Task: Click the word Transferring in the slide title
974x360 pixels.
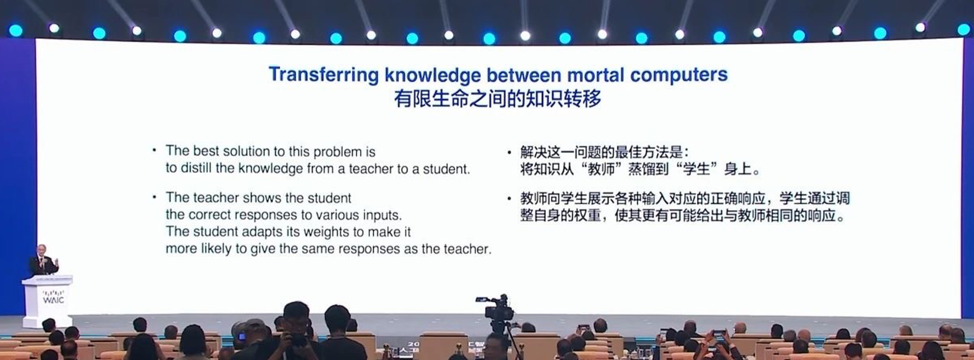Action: pyautogui.click(x=324, y=75)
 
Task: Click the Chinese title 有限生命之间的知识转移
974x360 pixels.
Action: pyautogui.click(x=498, y=99)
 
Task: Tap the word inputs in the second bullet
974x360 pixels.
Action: pyautogui.click(x=382, y=215)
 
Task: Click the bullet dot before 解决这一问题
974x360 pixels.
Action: pyautogui.click(x=509, y=152)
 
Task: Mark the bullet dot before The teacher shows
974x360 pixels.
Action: pyautogui.click(x=154, y=197)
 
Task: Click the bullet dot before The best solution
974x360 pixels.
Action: pyautogui.click(x=154, y=150)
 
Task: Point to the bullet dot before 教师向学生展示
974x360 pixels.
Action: pyautogui.click(x=509, y=199)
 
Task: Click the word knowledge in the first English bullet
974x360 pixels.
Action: pyautogui.click(x=270, y=168)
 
